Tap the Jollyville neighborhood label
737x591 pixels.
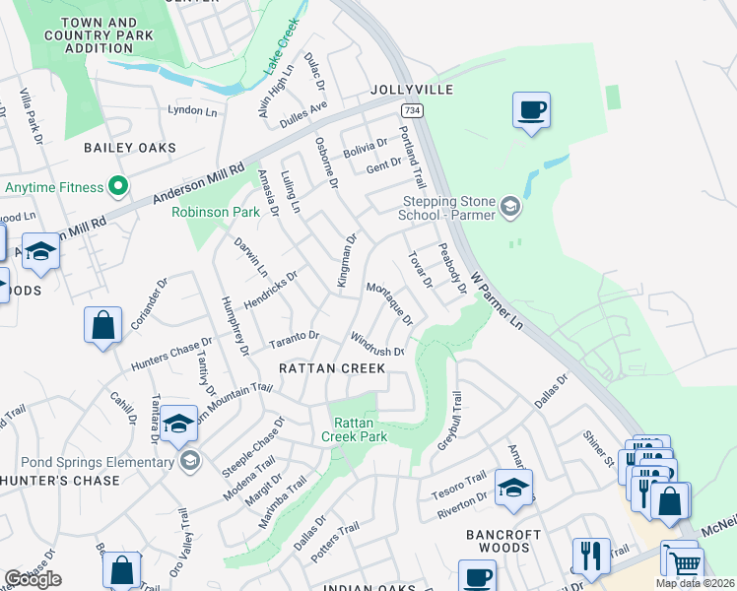[x=412, y=90]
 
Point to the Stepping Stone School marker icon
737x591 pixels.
[x=509, y=206]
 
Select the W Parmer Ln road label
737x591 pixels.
[x=497, y=299]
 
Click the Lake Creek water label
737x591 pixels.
[x=280, y=58]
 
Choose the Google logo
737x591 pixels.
[x=33, y=578]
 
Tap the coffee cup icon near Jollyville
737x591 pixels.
[x=531, y=110]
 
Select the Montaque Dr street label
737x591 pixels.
[x=389, y=302]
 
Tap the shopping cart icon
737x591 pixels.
[x=685, y=562]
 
